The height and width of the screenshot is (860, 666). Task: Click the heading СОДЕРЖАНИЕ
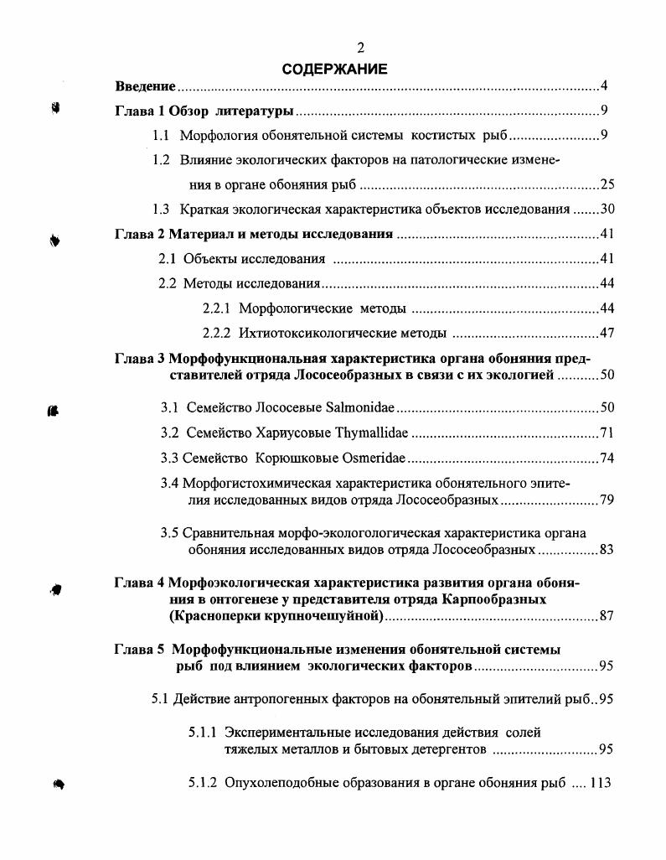(x=333, y=69)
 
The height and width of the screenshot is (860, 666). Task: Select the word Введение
(x=145, y=86)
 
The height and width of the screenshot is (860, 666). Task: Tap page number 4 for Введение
(x=604, y=86)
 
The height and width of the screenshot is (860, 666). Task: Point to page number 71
(x=607, y=433)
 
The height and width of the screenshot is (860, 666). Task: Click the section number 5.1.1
(x=204, y=732)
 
